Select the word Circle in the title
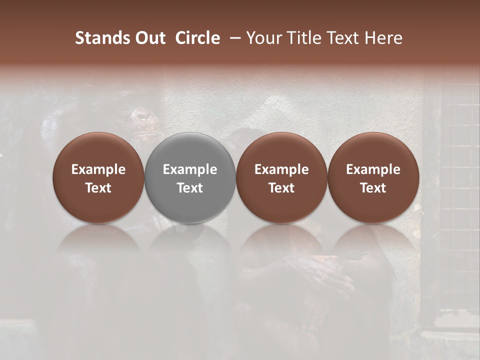[x=197, y=38]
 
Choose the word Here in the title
[x=385, y=38]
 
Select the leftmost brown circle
[x=98, y=150]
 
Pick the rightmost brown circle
[x=373, y=150]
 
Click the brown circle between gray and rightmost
[x=281, y=150]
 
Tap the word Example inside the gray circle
[x=190, y=169]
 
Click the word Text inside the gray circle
[x=190, y=188]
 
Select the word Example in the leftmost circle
[x=98, y=169]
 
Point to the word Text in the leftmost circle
[x=98, y=188]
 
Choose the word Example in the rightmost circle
[x=373, y=169]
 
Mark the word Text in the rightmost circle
[x=373, y=188]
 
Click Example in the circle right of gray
[x=281, y=169]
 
